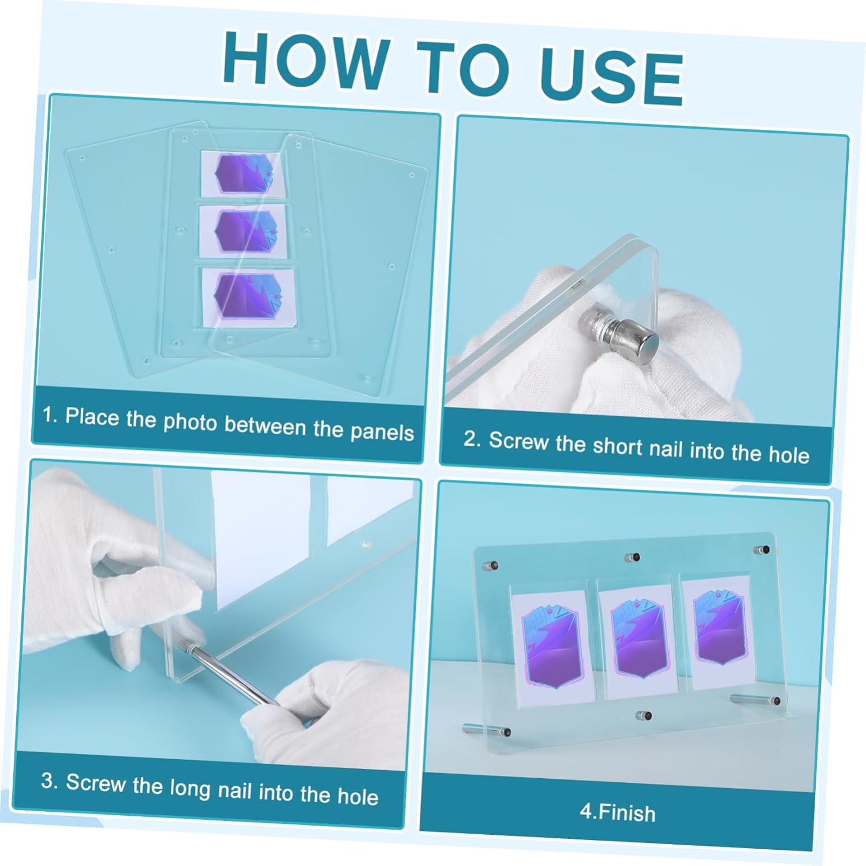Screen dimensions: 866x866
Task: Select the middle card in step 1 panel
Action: (244, 231)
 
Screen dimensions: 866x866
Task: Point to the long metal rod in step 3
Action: (231, 674)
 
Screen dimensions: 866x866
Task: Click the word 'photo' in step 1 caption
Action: (190, 421)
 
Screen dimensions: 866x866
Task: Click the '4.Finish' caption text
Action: (617, 812)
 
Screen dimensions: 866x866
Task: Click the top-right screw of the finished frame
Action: (763, 550)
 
